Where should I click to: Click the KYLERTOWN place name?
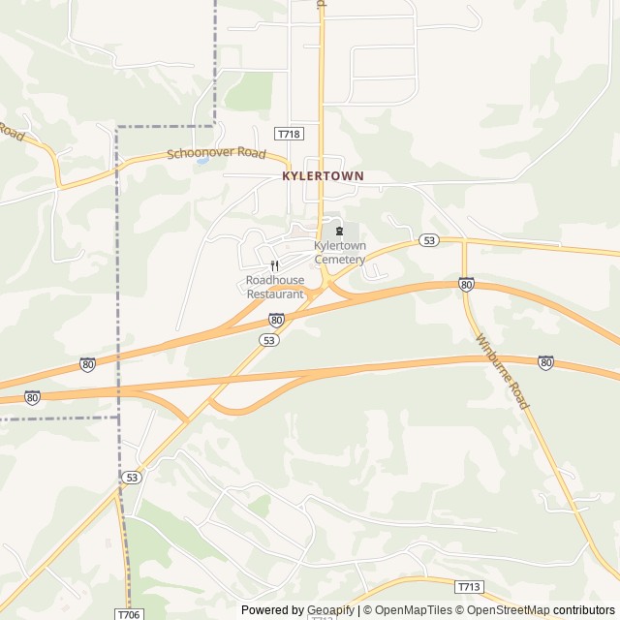click(x=323, y=176)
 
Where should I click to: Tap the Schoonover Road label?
click(x=215, y=153)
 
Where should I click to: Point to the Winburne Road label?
click(x=503, y=371)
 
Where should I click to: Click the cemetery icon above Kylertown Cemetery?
click(x=339, y=231)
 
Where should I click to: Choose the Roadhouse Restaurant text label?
click(x=275, y=287)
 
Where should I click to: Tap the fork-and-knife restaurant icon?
click(x=275, y=264)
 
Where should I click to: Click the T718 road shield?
click(x=288, y=133)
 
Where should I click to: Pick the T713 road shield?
click(x=469, y=586)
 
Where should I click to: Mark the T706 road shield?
click(x=128, y=614)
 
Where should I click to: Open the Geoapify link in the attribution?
click(x=331, y=610)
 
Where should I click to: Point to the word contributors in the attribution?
click(x=584, y=610)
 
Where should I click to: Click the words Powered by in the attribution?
click(x=270, y=610)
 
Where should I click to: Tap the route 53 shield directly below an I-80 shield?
click(x=269, y=339)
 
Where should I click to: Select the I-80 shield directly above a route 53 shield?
click(x=277, y=319)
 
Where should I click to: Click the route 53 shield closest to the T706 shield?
click(x=133, y=477)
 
